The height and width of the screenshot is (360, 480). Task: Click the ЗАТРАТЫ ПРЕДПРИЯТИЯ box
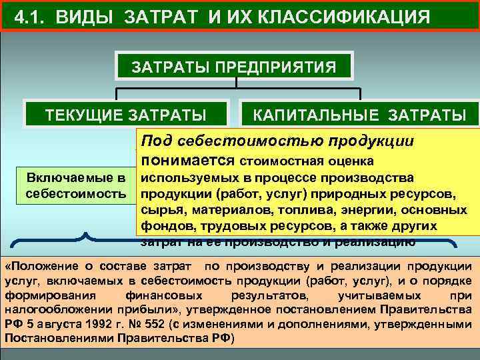tap(233, 67)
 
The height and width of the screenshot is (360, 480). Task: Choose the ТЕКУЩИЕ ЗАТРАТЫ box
tap(125, 114)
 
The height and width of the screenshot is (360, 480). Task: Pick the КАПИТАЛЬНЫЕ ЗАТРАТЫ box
tap(359, 114)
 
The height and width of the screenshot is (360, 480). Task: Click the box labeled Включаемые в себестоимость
tap(75, 185)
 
